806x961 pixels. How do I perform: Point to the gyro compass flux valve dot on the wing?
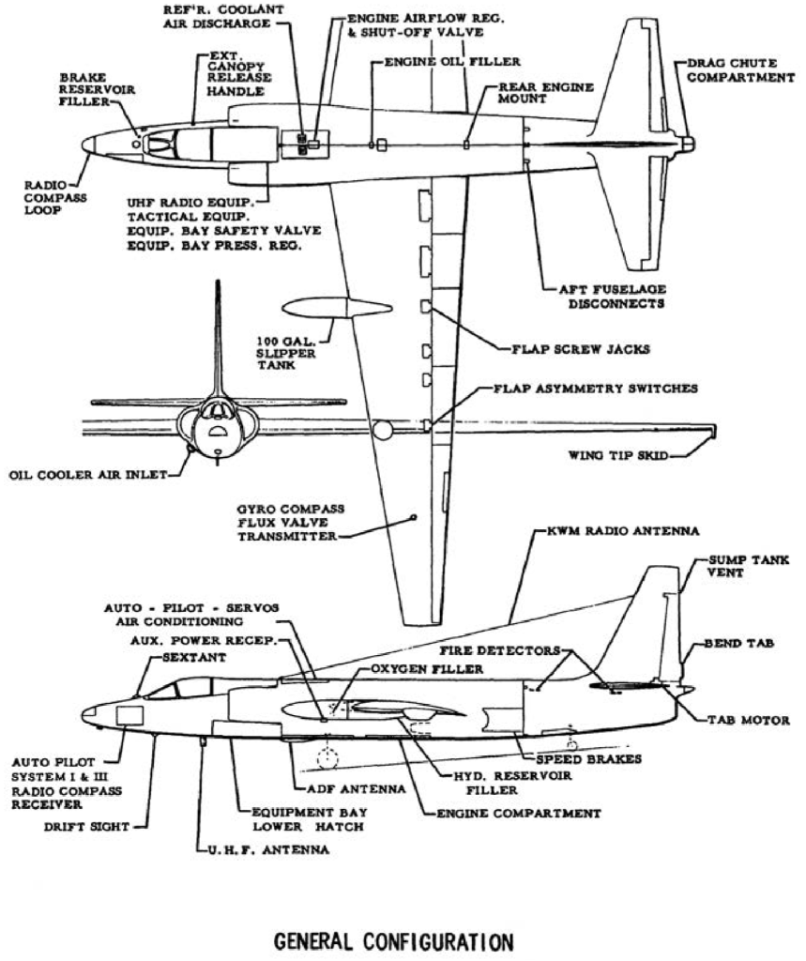(414, 516)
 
